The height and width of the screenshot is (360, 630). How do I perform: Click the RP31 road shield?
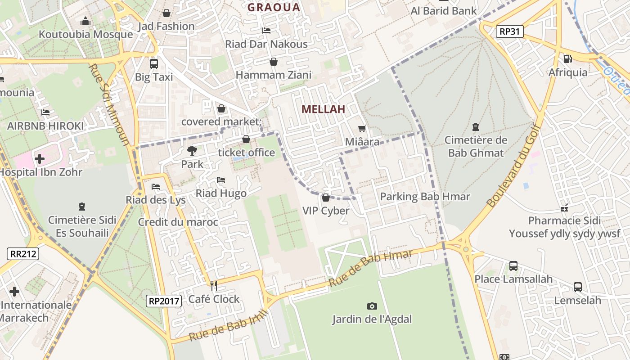tap(510, 31)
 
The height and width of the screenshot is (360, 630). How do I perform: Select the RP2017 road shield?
tap(164, 301)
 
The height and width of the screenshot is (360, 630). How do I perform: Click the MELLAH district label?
tap(323, 109)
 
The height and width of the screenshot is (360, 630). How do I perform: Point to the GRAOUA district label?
tap(274, 7)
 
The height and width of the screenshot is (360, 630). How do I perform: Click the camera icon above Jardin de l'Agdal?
tap(372, 306)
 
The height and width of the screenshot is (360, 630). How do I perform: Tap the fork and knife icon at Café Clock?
tap(214, 285)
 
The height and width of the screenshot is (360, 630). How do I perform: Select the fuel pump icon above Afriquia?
tap(568, 58)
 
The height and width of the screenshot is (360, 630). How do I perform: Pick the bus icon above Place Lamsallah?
tap(513, 265)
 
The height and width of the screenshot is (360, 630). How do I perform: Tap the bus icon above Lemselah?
tap(578, 287)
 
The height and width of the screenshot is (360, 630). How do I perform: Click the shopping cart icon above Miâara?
tap(362, 128)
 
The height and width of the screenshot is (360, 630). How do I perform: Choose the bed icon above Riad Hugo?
tap(220, 180)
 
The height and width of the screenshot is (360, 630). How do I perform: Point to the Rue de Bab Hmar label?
tap(370, 269)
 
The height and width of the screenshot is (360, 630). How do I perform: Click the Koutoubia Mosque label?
tap(85, 34)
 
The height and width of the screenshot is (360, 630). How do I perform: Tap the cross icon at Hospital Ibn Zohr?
tap(40, 158)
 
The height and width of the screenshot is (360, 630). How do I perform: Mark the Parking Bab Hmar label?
tap(425, 197)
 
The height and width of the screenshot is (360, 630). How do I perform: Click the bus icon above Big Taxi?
tap(154, 63)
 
